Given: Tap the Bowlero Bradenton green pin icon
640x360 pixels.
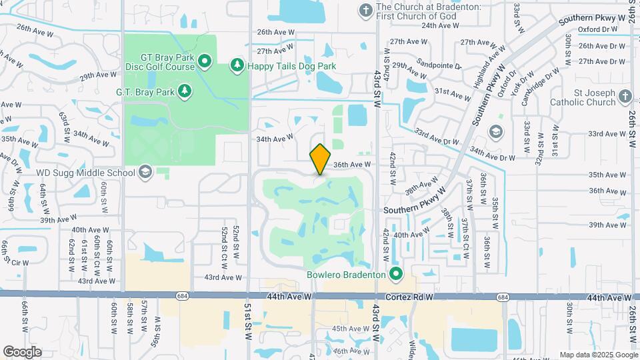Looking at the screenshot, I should coord(397,275).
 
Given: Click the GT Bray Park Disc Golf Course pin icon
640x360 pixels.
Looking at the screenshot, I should coord(205,63).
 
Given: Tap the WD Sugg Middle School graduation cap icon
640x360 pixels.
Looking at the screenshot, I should coord(145,173).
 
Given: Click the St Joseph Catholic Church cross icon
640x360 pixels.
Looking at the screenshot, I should coord(625,97).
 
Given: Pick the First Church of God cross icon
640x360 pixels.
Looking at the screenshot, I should coord(365,10).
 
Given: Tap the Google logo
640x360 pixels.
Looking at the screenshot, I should coord(22,351).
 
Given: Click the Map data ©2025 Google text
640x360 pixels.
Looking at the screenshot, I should coord(598,355).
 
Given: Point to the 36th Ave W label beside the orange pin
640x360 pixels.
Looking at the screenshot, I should coord(351,164).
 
